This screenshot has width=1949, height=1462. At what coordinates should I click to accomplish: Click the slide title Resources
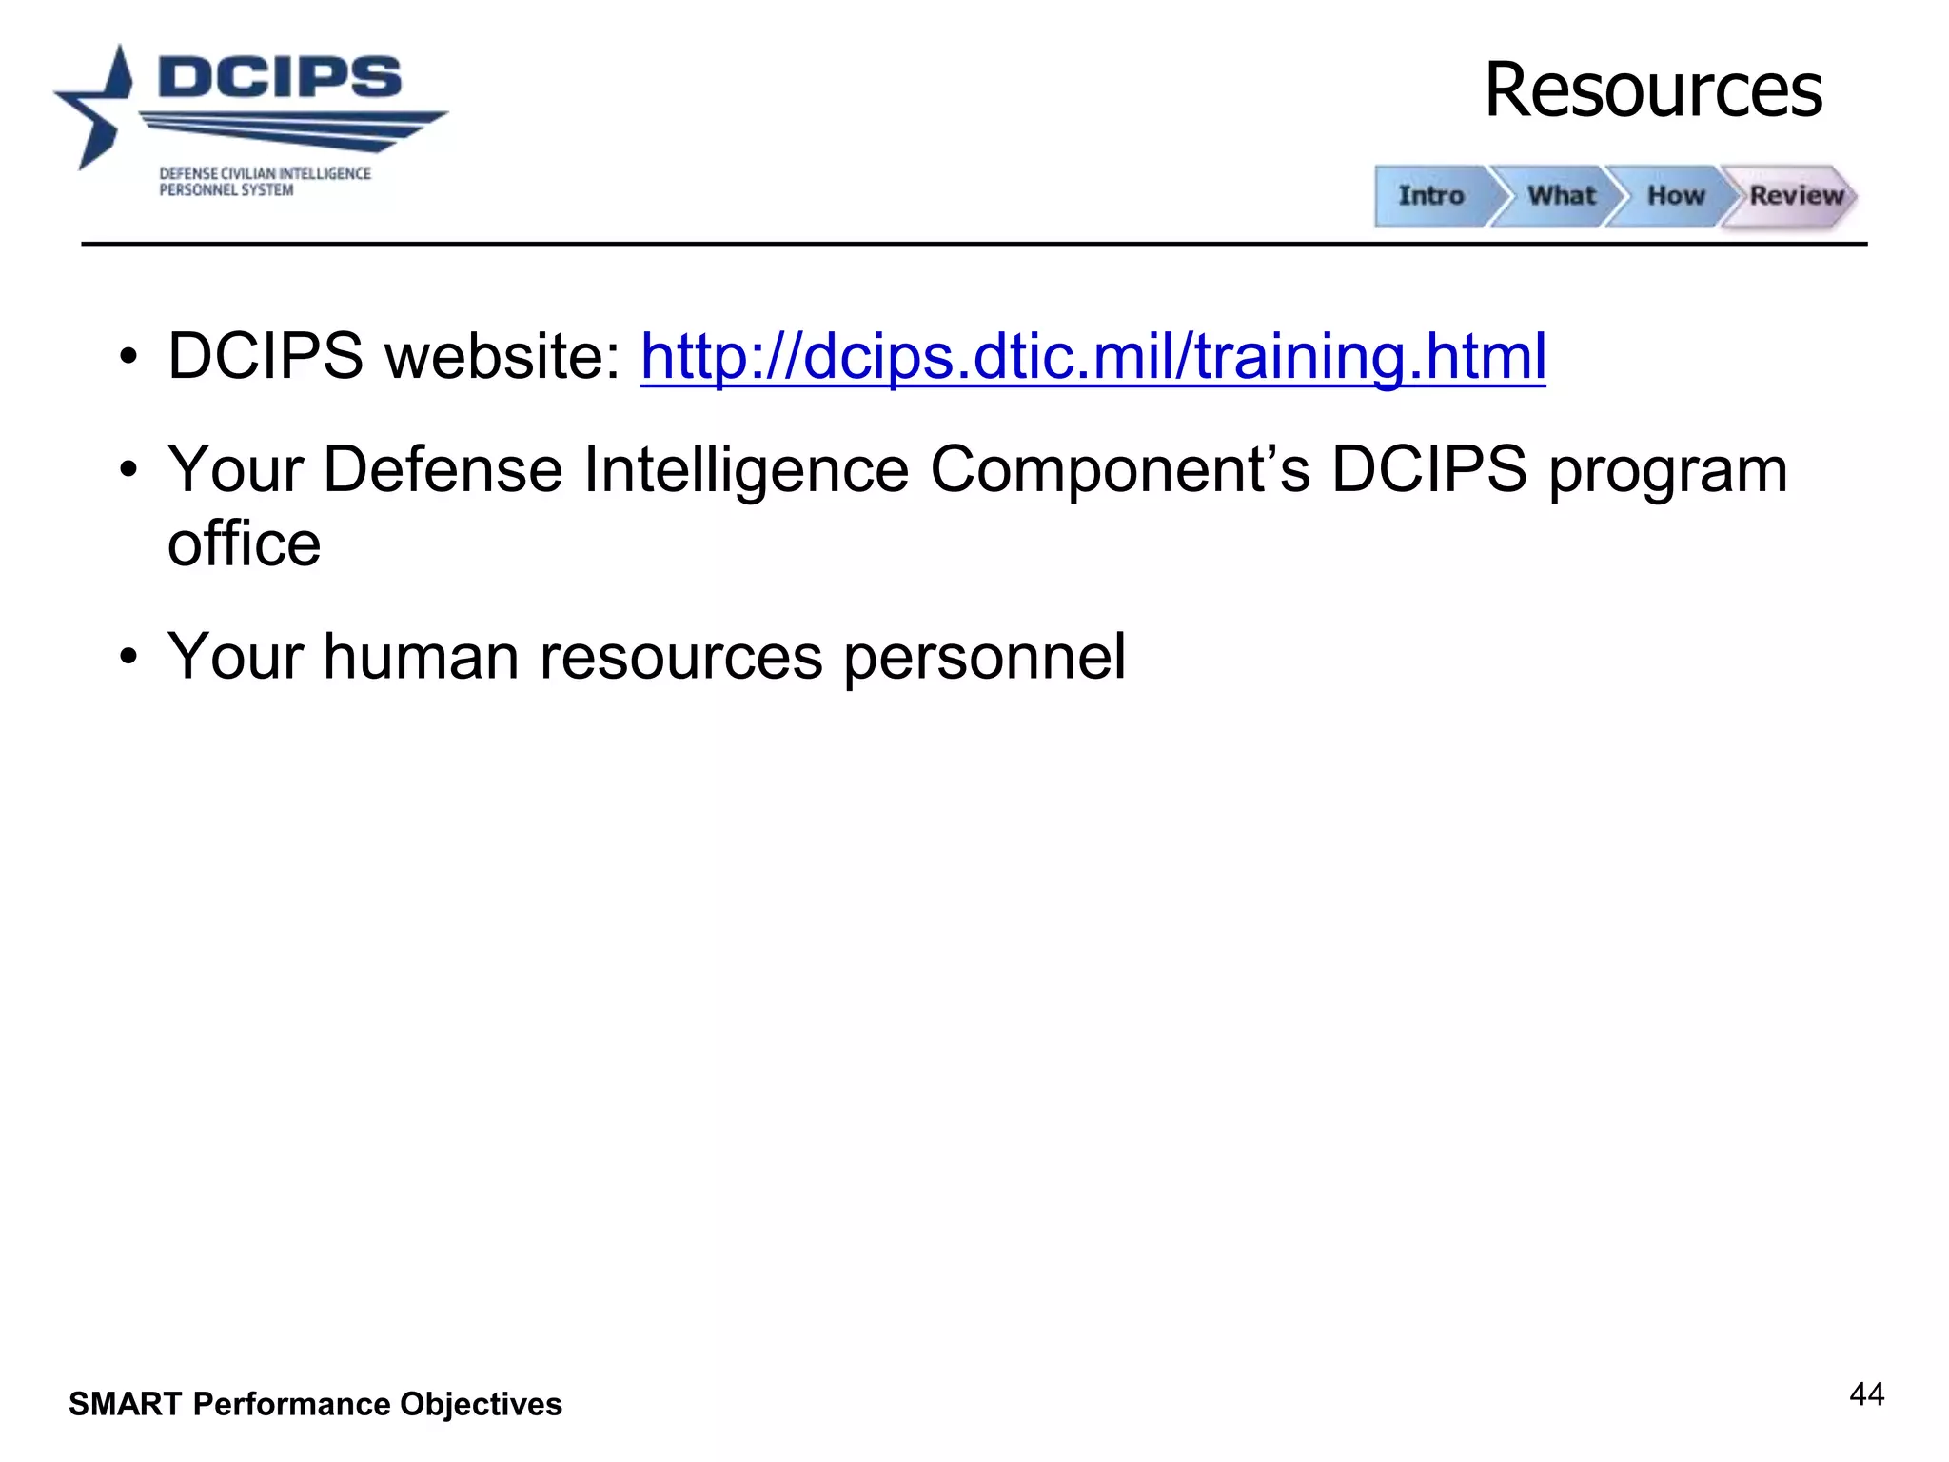coord(1653,90)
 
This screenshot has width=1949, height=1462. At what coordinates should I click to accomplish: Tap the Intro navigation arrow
coord(1431,196)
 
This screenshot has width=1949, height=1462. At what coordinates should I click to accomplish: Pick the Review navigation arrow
coord(1795,196)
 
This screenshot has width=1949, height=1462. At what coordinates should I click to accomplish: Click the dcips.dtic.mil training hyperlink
coord(1093,357)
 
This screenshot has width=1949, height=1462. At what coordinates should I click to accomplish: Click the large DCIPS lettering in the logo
coord(280,77)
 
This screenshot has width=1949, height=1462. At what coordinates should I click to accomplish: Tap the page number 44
coord(1866,1394)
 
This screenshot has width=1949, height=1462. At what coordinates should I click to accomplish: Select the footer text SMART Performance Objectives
coord(315,1404)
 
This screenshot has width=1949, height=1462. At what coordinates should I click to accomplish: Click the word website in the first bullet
coord(502,357)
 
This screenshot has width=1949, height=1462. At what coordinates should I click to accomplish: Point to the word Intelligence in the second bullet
coord(745,469)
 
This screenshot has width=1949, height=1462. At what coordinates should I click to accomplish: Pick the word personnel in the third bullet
coord(984,657)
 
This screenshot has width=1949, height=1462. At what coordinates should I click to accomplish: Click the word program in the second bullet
coord(1667,471)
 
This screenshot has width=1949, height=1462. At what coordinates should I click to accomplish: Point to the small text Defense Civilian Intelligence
coord(265,173)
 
